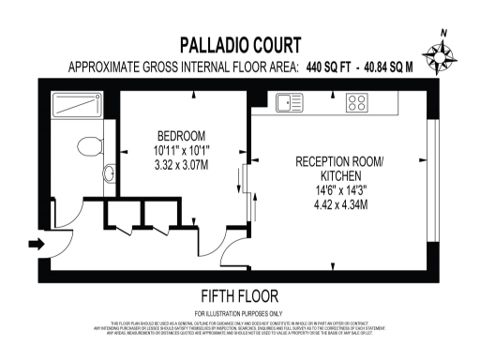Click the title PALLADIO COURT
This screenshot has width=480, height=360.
[240, 44]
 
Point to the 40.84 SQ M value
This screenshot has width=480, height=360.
[390, 67]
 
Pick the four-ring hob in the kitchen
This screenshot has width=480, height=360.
[357, 100]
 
